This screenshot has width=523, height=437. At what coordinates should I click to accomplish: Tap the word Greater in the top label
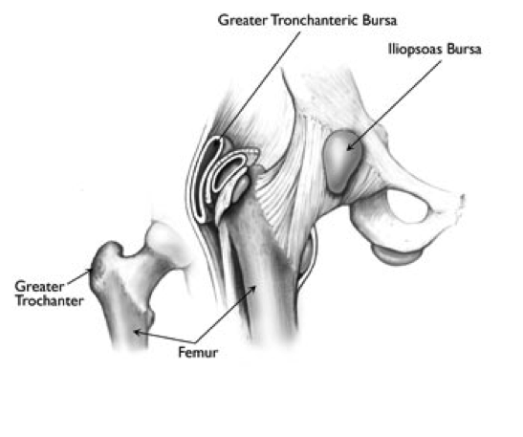point(243,20)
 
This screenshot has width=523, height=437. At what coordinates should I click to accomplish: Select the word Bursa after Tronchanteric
point(380,20)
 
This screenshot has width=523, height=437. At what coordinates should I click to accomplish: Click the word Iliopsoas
point(415,50)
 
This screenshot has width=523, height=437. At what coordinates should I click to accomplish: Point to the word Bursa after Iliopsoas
point(464,49)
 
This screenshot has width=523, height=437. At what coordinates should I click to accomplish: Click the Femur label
point(198,353)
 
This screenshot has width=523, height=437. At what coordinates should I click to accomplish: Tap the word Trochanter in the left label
point(50,301)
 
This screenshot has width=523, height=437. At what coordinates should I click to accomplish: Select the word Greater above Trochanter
point(39,287)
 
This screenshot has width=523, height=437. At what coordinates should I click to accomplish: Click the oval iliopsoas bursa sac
point(343,161)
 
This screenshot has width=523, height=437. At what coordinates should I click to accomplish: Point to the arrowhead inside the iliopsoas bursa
point(350,147)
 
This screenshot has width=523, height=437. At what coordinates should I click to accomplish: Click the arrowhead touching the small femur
point(137,332)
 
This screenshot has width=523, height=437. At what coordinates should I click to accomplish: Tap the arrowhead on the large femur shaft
point(253,289)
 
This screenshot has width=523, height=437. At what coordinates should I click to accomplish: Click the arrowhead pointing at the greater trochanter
point(88,271)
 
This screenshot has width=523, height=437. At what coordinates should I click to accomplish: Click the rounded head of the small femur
point(161,238)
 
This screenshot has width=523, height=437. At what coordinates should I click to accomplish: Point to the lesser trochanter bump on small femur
point(149,317)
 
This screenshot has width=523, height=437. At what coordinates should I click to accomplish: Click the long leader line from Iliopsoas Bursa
point(394,105)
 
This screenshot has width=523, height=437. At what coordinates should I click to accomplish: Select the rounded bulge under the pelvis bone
point(396,255)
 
